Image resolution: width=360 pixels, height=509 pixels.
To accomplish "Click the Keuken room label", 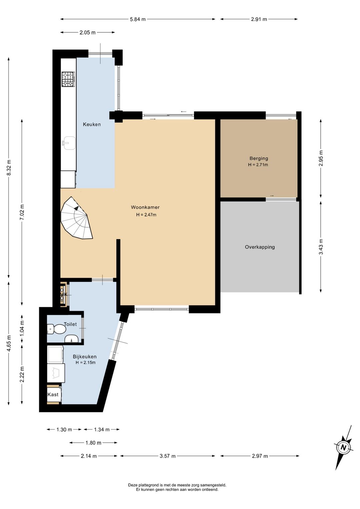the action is coord(92,124).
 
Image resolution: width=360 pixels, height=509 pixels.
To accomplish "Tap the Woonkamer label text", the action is coord(145,207).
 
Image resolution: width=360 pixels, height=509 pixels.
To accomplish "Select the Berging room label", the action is coord(259,158).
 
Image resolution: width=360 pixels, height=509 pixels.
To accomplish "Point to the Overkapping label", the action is coord(260,247).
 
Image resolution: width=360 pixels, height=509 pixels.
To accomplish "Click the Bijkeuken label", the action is coord(85,357).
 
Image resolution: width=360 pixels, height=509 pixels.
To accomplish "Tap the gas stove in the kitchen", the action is coord(68,79).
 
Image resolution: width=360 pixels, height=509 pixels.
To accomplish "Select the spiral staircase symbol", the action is coord(77,218).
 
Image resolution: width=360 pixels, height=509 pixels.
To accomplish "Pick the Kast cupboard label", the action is coord(53,395).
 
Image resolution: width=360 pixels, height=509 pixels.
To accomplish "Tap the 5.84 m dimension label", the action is coord(138,19).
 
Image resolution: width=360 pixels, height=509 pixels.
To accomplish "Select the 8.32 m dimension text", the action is coord(9,167).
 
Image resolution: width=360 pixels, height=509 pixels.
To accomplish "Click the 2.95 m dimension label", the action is coord(321,158).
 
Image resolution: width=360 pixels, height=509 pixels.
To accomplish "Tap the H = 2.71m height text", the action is coord(258,165).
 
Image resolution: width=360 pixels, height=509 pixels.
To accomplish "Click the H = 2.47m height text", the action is coord(146,214).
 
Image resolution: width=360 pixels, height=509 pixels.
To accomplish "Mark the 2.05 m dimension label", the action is coord(87,32).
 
